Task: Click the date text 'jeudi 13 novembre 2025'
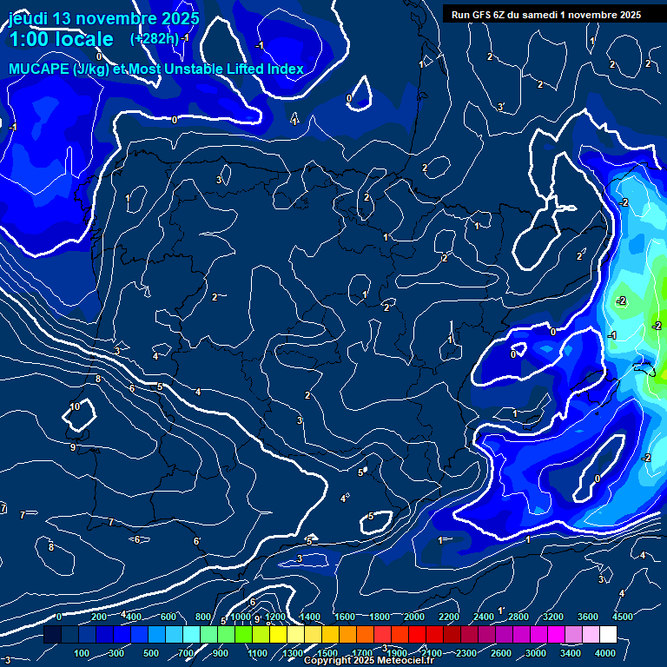[103, 18]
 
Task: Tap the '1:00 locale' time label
[61, 39]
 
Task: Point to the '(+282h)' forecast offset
[155, 38]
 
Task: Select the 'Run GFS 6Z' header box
[546, 15]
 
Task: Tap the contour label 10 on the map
[75, 406]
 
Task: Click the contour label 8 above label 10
[98, 380]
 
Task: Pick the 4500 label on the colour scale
[622, 617]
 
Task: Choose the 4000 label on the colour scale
[605, 653]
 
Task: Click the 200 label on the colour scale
[98, 617]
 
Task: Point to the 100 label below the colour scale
[82, 653]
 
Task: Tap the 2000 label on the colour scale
[414, 617]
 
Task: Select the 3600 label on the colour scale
[588, 617]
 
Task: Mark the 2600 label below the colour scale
[501, 653]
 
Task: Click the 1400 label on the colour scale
[310, 617]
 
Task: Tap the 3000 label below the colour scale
[536, 653]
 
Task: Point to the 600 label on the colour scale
[168, 617]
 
